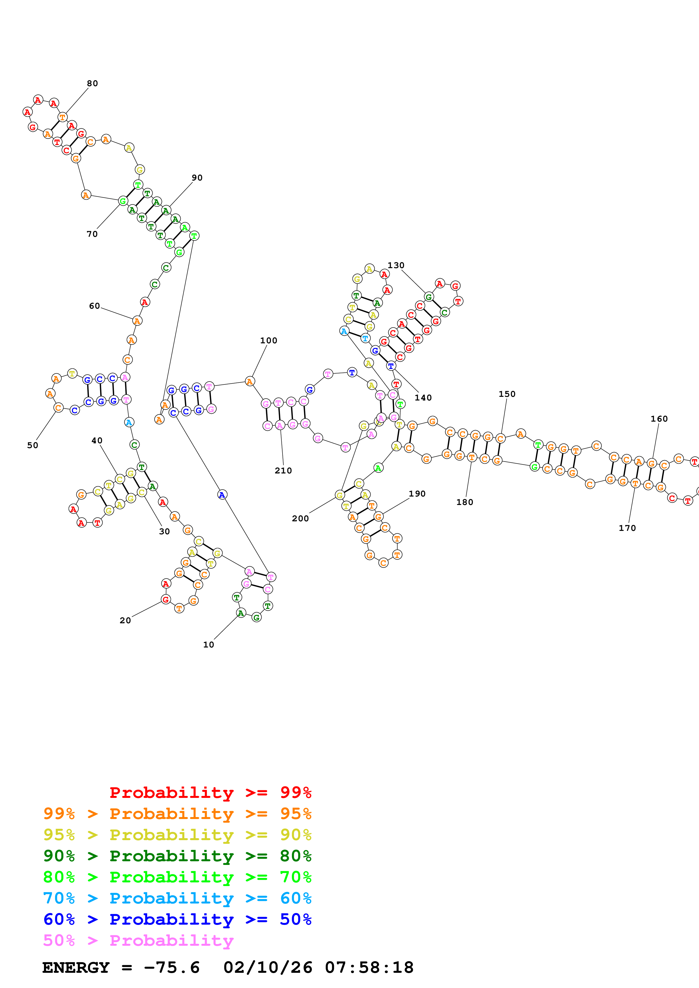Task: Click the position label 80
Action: coord(92,83)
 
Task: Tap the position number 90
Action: coord(197,178)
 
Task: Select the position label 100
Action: coord(268,341)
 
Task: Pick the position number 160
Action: coord(659,419)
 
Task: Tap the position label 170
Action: coord(627,528)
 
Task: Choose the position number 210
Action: coord(283,471)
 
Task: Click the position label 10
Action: coord(208,645)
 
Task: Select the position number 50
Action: coord(33,445)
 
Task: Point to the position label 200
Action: coord(300,519)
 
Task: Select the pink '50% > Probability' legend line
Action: coord(138,941)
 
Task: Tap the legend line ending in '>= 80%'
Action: coord(177,856)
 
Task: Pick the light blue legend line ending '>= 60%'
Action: coord(177,898)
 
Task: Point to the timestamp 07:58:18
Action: coord(369,968)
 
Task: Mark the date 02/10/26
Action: coord(268,968)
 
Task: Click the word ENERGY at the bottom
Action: coord(76,968)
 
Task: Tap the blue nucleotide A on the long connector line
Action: coord(222,495)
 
